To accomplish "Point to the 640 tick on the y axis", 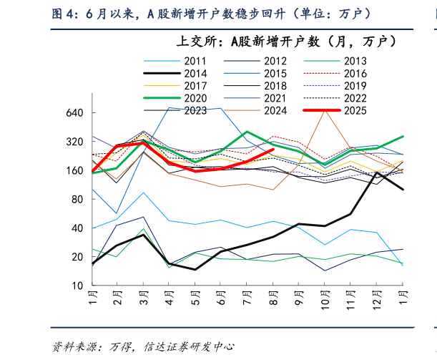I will [76, 113].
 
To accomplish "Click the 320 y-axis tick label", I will [76, 142].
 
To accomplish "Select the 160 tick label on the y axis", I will [76, 170].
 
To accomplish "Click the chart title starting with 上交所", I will [286, 42].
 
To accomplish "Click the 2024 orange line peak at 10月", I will [325, 111].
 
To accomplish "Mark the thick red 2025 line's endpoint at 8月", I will [273, 150].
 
